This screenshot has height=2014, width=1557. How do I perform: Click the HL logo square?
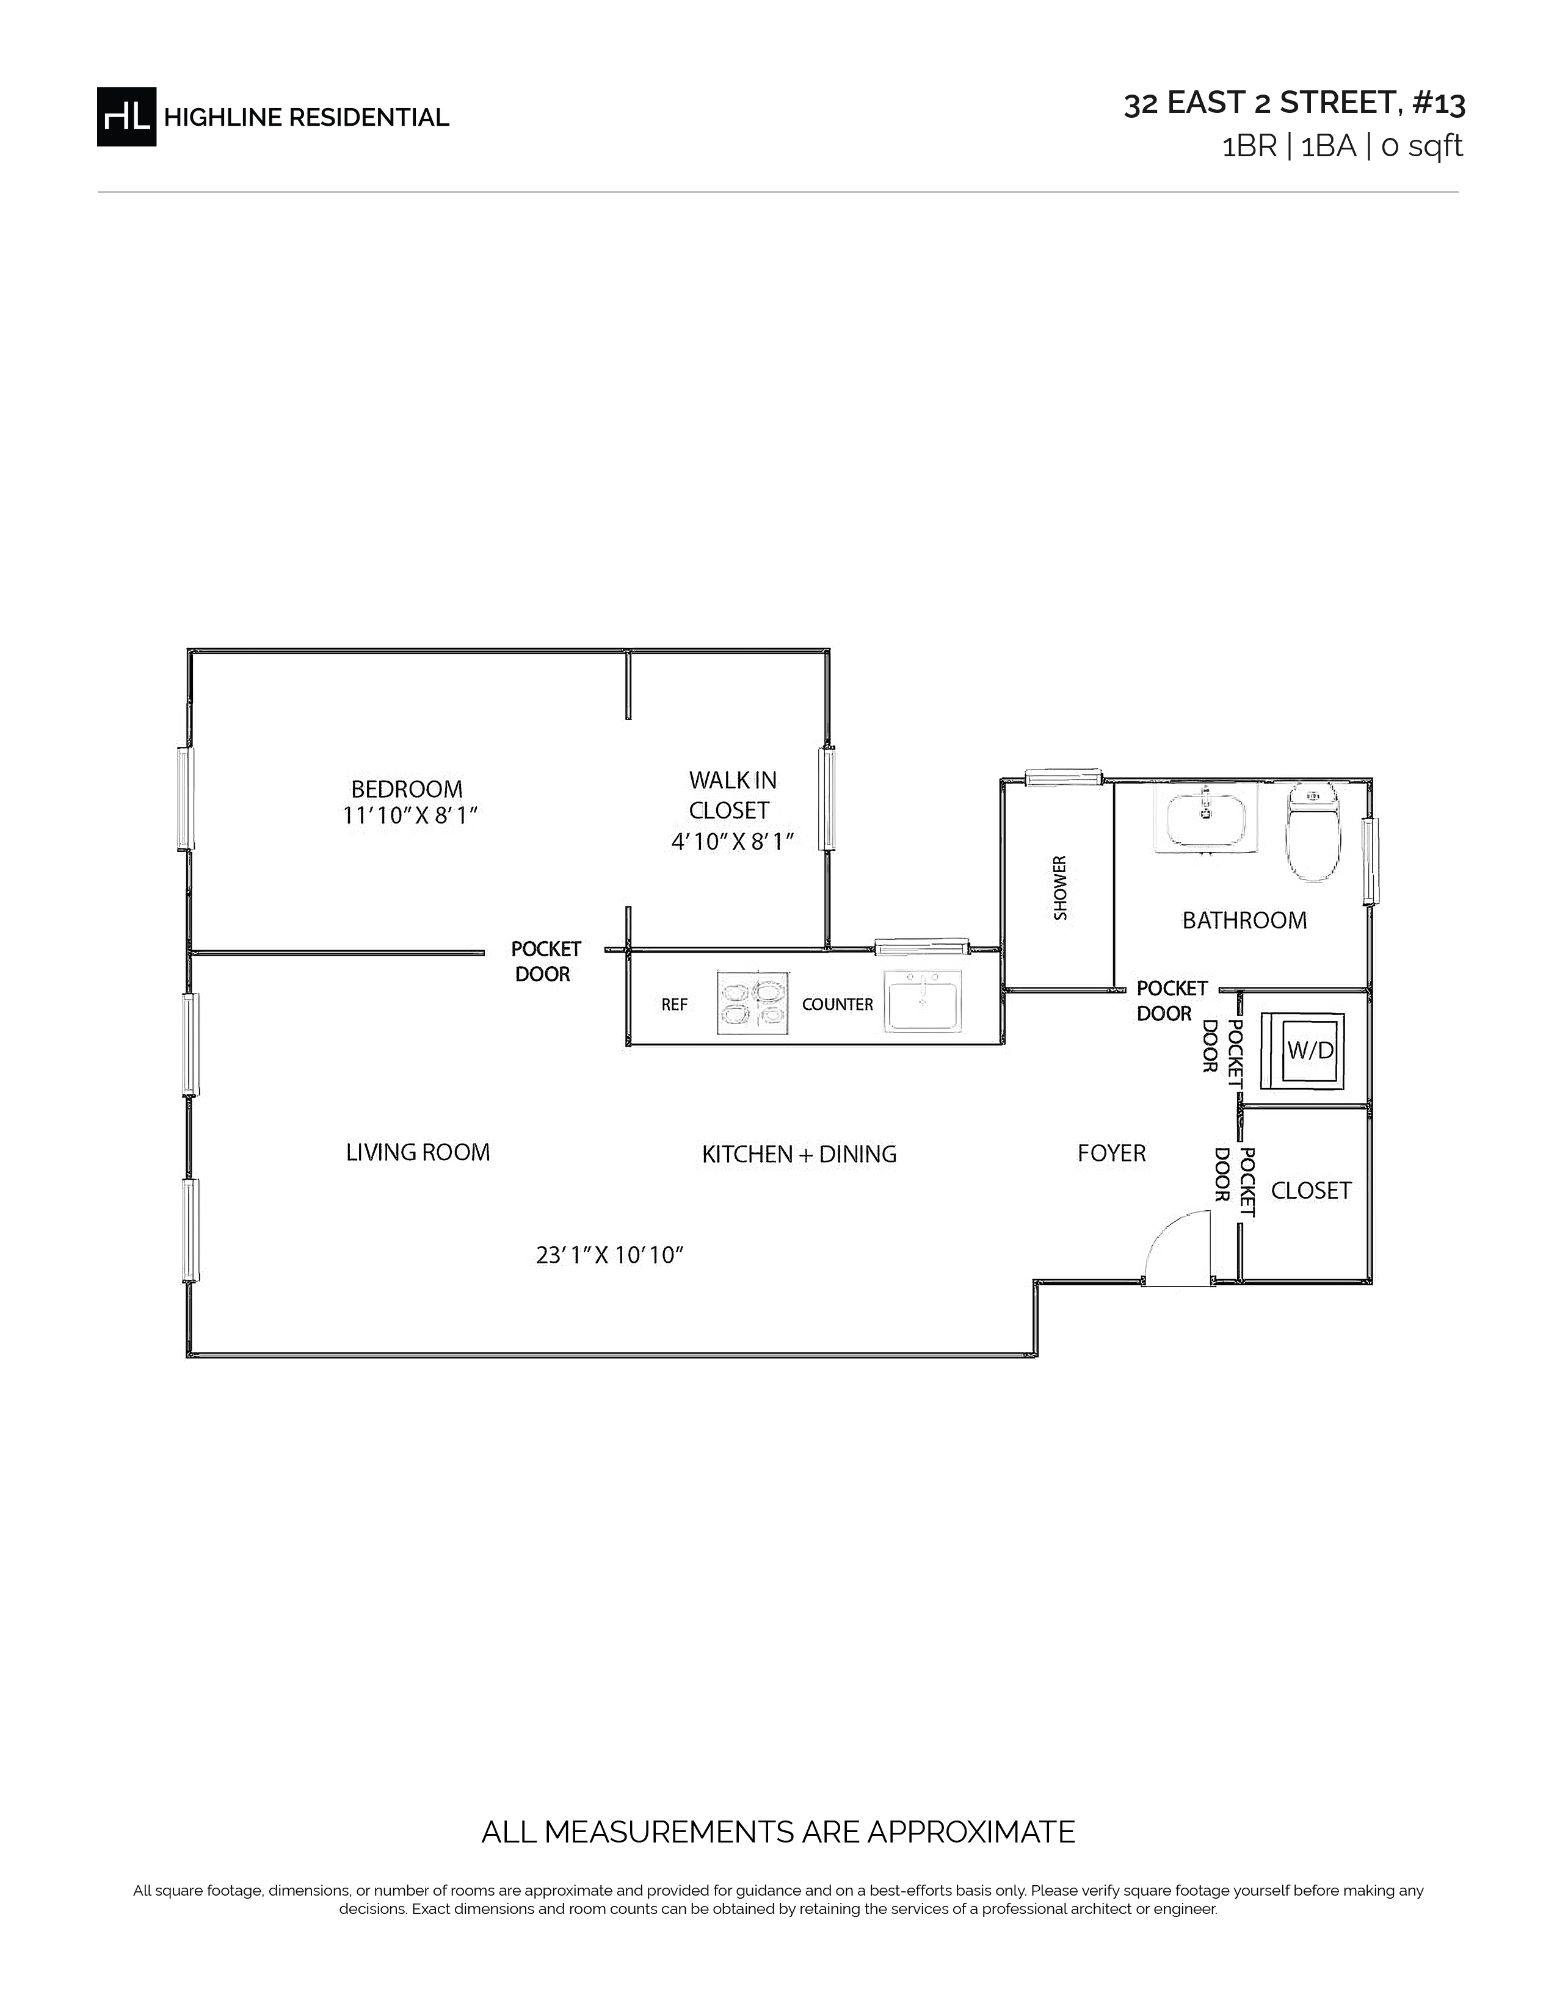(126, 116)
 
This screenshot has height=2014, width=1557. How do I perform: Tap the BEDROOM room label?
(407, 789)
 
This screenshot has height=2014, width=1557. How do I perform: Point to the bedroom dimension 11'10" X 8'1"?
(410, 816)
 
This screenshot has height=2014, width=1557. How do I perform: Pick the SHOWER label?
(1060, 888)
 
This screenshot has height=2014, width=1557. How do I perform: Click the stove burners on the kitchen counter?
(753, 1002)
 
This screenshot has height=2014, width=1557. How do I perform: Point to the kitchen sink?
(923, 1000)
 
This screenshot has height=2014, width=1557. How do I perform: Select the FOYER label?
(1111, 1153)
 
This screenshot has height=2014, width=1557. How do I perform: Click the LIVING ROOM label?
(418, 1153)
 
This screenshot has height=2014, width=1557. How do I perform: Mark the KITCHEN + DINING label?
(799, 1155)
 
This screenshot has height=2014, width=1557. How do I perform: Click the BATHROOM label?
(1244, 920)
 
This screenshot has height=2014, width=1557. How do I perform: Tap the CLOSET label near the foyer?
(1311, 1191)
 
